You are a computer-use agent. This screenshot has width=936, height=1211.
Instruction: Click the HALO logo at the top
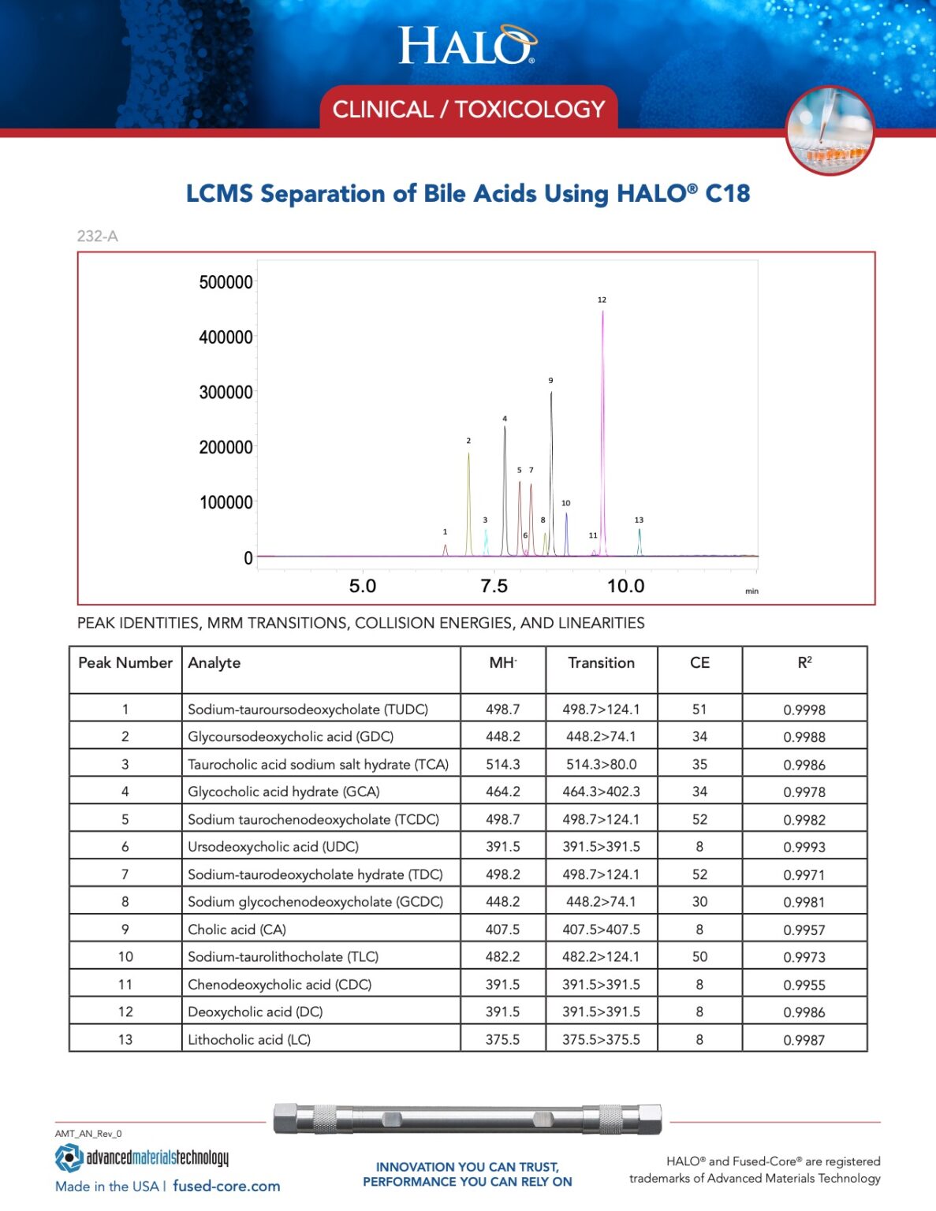(x=467, y=45)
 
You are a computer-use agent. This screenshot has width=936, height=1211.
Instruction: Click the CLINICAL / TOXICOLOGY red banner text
(x=468, y=109)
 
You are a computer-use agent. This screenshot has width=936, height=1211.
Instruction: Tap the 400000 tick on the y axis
(x=226, y=337)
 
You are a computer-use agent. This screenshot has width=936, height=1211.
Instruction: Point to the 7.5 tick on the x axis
(x=494, y=586)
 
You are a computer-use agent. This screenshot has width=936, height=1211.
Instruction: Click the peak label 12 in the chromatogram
(x=602, y=300)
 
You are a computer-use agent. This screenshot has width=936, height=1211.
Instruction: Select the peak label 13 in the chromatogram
(x=639, y=520)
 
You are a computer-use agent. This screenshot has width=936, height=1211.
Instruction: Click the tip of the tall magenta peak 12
(x=603, y=312)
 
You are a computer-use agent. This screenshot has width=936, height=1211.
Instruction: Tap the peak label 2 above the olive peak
(x=468, y=441)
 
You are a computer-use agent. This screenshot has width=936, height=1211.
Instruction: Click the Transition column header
(x=601, y=663)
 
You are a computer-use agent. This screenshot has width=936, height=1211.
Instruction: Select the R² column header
(x=804, y=663)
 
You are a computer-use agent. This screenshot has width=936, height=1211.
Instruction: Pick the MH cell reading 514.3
(x=502, y=764)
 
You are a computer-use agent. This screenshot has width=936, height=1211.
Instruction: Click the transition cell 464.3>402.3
(x=601, y=792)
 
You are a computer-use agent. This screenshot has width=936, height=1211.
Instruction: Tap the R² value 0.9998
(x=804, y=710)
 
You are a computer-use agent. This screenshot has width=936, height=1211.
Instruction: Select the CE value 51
(x=699, y=710)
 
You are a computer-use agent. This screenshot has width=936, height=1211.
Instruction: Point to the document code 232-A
(x=98, y=236)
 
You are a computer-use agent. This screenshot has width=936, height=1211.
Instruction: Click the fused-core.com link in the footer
(x=226, y=1186)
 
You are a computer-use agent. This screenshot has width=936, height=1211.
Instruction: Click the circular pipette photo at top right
(x=830, y=130)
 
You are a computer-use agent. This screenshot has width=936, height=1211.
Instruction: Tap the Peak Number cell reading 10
(x=125, y=956)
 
